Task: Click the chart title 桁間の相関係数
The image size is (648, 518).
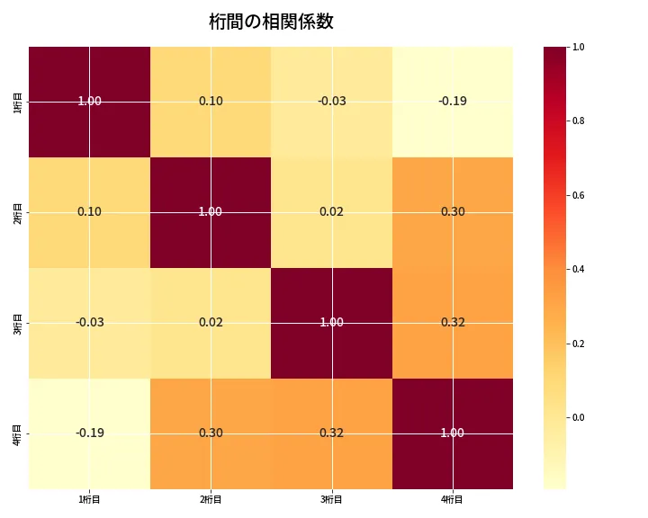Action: (x=271, y=22)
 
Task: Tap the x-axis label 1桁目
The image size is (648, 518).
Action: (x=90, y=499)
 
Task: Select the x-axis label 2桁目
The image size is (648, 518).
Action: (x=211, y=499)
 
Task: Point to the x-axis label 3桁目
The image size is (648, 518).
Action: (x=331, y=499)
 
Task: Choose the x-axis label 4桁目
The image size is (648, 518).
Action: (x=452, y=499)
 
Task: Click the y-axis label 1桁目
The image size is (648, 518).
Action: (x=19, y=102)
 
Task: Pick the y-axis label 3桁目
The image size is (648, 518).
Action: (x=19, y=323)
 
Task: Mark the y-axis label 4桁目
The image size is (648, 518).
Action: (x=19, y=433)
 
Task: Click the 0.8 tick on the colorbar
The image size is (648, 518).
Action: (x=579, y=121)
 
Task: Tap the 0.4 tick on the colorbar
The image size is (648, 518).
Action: (x=579, y=269)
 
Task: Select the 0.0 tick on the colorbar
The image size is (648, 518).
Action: (x=579, y=417)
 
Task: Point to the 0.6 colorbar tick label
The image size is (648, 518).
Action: (x=579, y=195)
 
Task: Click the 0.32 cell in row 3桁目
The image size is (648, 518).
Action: (x=452, y=323)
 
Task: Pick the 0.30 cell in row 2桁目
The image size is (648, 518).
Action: (x=452, y=212)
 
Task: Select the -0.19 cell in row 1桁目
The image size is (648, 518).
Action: (x=452, y=102)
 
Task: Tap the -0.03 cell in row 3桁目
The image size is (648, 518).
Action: (x=90, y=323)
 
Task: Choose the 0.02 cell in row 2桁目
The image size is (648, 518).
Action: (x=331, y=212)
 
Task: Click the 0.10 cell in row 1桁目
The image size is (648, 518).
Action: (x=211, y=102)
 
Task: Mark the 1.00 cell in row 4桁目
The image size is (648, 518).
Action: (x=452, y=433)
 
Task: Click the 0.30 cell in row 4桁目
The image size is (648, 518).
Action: (x=211, y=433)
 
